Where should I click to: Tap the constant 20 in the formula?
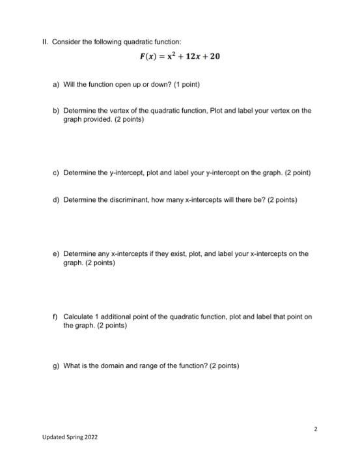(x=215, y=57)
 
